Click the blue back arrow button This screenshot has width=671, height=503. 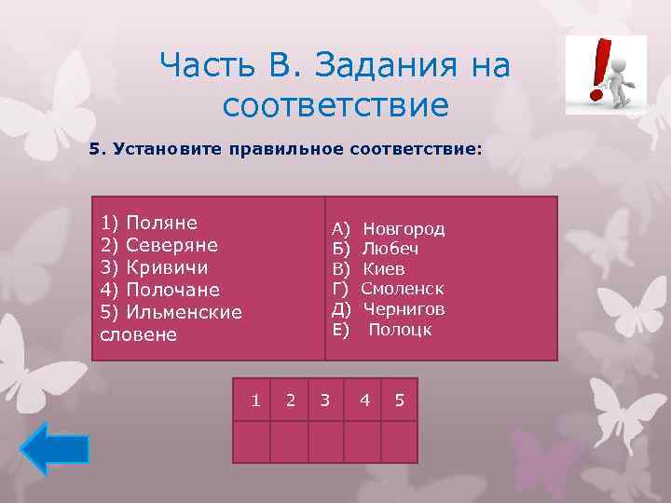tap(55, 450)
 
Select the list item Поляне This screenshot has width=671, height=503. tap(149, 223)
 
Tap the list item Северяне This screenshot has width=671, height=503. tap(158, 245)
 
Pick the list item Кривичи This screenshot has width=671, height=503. tap(155, 267)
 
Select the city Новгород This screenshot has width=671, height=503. tap(404, 228)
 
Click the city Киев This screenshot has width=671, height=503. tap(383, 269)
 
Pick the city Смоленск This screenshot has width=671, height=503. tap(403, 289)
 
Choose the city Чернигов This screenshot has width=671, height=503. tap(404, 309)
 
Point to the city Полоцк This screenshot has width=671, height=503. tap(400, 330)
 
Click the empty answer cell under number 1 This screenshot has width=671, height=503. tap(252, 442)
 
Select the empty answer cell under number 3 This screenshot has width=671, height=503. tap(325, 442)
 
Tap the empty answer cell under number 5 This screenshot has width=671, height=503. tap(399, 442)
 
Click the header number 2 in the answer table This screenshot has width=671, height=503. tap(291, 401)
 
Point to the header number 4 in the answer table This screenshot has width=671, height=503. tap(365, 401)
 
